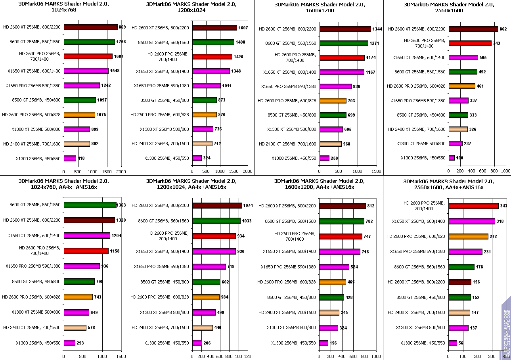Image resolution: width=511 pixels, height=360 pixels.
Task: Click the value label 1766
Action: pyautogui.click(x=121, y=42)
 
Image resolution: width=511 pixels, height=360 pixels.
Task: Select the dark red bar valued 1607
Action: pyautogui.click(x=214, y=28)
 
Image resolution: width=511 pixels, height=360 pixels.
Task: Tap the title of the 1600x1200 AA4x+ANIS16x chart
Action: pyautogui.click(x=319, y=184)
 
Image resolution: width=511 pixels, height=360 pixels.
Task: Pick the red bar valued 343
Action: pyautogui.click(x=473, y=206)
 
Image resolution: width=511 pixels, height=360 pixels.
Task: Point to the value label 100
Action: pyautogui.click(x=459, y=158)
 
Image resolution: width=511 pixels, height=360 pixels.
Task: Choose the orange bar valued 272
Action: pyautogui.click(x=468, y=236)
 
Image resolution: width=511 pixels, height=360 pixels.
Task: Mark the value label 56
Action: pyautogui.click(x=461, y=343)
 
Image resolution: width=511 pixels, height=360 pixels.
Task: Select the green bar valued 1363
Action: pyautogui.click(x=90, y=205)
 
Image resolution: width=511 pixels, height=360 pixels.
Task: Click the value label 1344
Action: pyautogui.click(x=377, y=29)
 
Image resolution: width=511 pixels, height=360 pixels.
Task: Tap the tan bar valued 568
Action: pyautogui.click(x=330, y=144)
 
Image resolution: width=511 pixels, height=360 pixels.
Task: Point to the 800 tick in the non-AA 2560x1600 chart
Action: pyautogui.click(x=494, y=171)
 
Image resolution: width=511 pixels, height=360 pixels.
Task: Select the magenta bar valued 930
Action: pyautogui.click(x=214, y=251)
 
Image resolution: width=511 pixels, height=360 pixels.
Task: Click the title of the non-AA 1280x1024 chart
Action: pyautogui.click(x=191, y=8)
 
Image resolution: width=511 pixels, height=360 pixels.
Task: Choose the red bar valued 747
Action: pyautogui.click(x=341, y=236)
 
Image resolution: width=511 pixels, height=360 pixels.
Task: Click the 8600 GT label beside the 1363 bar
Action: pyautogui.click(x=35, y=205)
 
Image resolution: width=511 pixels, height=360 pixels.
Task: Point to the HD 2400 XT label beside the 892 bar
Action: pyautogui.click(x=32, y=144)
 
